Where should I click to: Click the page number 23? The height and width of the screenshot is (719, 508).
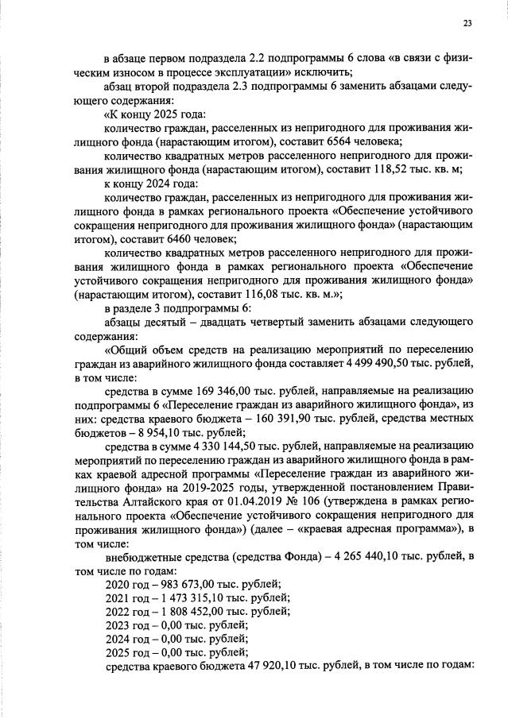[x=467, y=23]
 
